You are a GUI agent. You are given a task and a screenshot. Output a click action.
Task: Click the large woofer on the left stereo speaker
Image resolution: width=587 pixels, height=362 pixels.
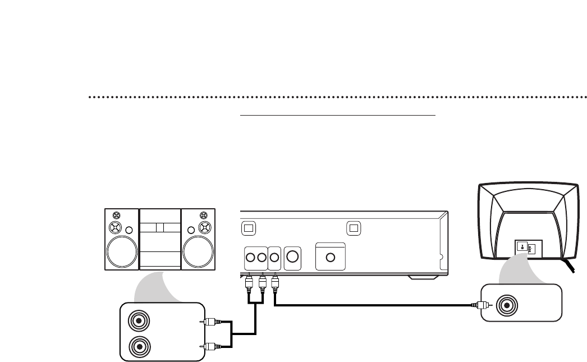[x=122, y=251]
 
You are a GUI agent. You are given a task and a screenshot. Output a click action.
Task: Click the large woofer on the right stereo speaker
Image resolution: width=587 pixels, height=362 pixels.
[x=198, y=251]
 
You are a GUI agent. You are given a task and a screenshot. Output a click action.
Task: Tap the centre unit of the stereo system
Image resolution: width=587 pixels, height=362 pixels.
[x=160, y=239]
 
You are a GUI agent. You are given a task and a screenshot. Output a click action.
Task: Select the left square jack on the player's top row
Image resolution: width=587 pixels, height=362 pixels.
[x=249, y=228]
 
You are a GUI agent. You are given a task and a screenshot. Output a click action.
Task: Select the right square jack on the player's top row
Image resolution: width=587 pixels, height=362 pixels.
[x=353, y=228]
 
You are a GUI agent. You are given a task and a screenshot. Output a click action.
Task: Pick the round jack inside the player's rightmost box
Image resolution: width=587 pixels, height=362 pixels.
[x=331, y=258]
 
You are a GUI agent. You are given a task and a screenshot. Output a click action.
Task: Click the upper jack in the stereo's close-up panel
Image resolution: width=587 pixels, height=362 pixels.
[x=138, y=322]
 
